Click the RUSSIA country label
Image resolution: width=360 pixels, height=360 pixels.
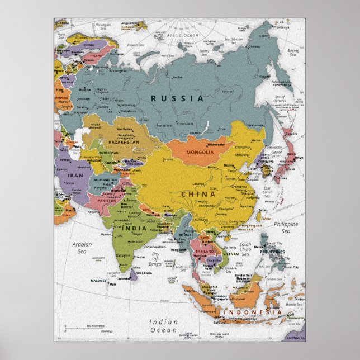point(177,98)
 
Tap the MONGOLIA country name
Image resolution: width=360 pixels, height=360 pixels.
point(199,152)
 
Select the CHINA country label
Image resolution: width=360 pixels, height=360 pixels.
point(198,194)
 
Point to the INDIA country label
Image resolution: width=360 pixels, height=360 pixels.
point(135,228)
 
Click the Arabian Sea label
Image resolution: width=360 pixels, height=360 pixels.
point(82,247)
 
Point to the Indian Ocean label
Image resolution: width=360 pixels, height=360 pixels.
point(163,325)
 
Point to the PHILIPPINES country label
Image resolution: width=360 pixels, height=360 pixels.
point(272,252)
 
